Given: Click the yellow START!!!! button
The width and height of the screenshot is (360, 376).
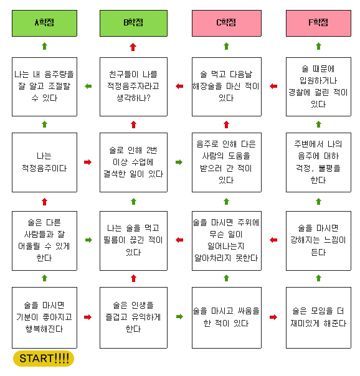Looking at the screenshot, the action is [44, 359].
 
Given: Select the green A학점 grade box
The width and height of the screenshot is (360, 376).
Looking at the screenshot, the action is [44, 23].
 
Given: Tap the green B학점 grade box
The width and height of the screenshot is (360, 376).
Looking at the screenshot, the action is [133, 23].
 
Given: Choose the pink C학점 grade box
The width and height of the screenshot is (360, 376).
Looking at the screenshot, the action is [227, 23].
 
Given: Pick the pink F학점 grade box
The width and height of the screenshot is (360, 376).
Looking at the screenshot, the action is [318, 23].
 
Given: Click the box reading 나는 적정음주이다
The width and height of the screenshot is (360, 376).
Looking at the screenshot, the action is [44, 162].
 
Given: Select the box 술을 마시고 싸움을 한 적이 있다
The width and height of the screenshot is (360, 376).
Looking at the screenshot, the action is [227, 317].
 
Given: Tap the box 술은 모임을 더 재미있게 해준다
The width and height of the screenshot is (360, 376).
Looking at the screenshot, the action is [318, 317].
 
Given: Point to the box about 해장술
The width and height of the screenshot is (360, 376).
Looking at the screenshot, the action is [227, 87].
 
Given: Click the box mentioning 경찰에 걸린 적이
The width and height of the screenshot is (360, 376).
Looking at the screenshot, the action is [318, 87].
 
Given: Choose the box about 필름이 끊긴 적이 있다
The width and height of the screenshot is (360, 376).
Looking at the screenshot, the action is [133, 241].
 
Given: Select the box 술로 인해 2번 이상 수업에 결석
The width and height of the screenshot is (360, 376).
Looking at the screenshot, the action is [133, 162].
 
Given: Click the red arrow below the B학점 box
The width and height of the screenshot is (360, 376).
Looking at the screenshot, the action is [133, 47].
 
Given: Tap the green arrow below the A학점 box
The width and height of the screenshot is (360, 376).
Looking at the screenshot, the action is [44, 46].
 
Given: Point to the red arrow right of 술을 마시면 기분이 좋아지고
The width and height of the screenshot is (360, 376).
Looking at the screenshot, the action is [88, 317].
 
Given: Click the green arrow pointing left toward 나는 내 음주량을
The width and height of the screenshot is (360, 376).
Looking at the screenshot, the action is [88, 87].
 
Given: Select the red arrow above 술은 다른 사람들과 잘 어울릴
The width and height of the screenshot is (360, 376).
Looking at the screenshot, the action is [44, 202].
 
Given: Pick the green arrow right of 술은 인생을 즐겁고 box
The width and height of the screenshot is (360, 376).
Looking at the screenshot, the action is [179, 317].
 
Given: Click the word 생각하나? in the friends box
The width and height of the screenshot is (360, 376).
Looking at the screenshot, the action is [133, 98].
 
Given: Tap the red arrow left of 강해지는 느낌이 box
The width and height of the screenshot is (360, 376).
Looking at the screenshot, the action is [273, 240].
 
